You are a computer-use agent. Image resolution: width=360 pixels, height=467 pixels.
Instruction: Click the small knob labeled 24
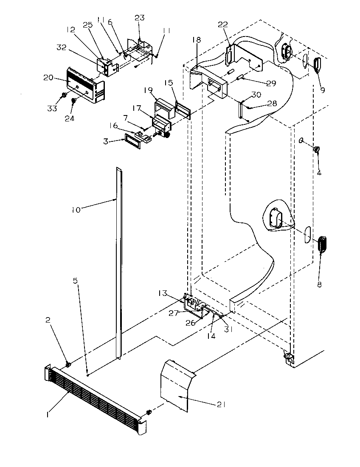point(73,101)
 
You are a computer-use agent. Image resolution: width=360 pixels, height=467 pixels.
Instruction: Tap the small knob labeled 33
point(63,94)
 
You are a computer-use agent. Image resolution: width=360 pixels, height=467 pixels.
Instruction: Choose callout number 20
point(48,77)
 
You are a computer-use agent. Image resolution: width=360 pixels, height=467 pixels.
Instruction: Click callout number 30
point(256,94)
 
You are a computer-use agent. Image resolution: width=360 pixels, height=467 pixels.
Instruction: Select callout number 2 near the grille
point(48,321)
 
